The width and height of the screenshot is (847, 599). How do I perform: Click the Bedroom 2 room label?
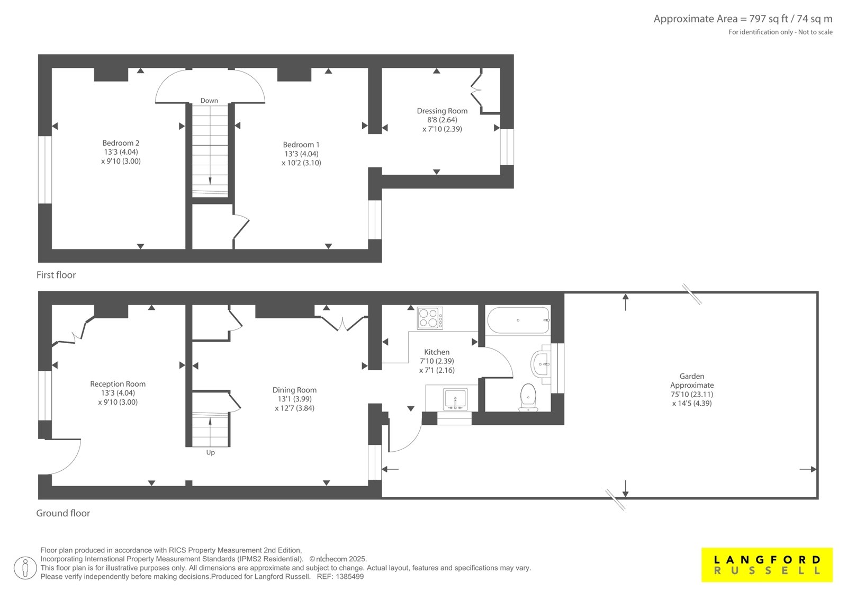[x=121, y=143]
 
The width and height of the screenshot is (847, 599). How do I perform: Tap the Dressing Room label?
[x=442, y=111]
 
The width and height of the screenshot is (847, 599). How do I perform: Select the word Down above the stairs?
[x=209, y=100]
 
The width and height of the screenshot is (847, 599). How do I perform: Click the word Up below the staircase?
[x=210, y=453]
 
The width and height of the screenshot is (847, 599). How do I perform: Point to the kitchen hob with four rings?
[x=430, y=318]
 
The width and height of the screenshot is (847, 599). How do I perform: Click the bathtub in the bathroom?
[x=518, y=320]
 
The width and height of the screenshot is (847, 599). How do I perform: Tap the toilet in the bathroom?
[x=528, y=397]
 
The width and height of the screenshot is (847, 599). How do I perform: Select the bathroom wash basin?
[x=540, y=364]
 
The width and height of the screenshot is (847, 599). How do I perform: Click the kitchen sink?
[x=455, y=399]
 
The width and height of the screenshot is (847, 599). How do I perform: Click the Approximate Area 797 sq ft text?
[x=743, y=19]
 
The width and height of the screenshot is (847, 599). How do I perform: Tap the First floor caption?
[x=56, y=275]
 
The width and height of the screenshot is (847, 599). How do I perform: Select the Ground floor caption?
[x=63, y=513]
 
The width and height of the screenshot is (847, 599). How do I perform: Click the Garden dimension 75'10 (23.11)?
[x=692, y=394]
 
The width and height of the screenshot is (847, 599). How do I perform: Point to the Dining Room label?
[x=294, y=390]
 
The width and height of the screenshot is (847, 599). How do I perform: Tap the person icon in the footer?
[x=25, y=568]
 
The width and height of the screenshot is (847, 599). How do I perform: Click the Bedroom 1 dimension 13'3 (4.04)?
[x=301, y=154]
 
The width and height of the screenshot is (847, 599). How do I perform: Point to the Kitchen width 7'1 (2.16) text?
[x=437, y=370]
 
